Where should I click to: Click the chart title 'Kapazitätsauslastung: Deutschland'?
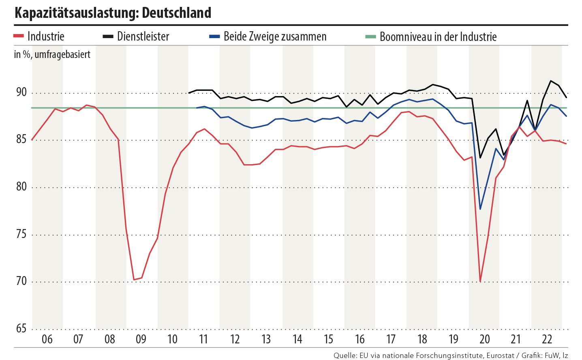pyautogui.click(x=113, y=13)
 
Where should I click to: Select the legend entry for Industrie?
pyautogui.click(x=46, y=36)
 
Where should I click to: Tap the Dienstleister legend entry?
pyautogui.click(x=143, y=36)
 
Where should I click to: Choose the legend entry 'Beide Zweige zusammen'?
pyautogui.click(x=275, y=36)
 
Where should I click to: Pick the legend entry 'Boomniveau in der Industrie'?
pyautogui.click(x=438, y=37)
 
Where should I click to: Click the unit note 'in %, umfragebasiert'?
pyautogui.click(x=52, y=54)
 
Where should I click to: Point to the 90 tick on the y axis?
pyautogui.click(x=21, y=93)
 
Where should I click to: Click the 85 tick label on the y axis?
pyautogui.click(x=21, y=140)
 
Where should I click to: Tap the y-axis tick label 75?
pyautogui.click(x=21, y=235)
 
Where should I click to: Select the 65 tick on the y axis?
pyautogui.click(x=21, y=328)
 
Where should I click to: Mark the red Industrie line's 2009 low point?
pyautogui.click(x=134, y=280)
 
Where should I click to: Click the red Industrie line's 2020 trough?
pyautogui.click(x=480, y=281)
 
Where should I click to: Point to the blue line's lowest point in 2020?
pyautogui.click(x=480, y=209)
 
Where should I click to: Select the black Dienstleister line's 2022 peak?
pyautogui.click(x=550, y=81)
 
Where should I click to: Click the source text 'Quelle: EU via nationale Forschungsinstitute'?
pyautogui.click(x=408, y=356)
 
